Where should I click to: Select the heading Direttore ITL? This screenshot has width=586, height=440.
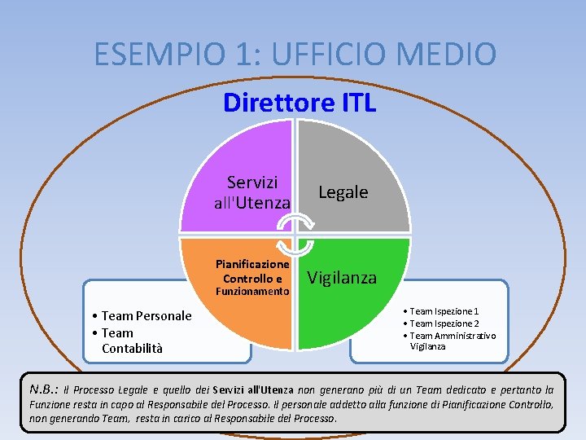(x=300, y=103)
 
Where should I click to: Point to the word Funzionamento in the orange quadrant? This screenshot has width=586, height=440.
(x=252, y=292)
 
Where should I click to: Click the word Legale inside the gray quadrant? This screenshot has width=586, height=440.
(x=343, y=192)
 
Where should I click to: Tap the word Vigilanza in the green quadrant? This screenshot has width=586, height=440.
(x=342, y=278)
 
